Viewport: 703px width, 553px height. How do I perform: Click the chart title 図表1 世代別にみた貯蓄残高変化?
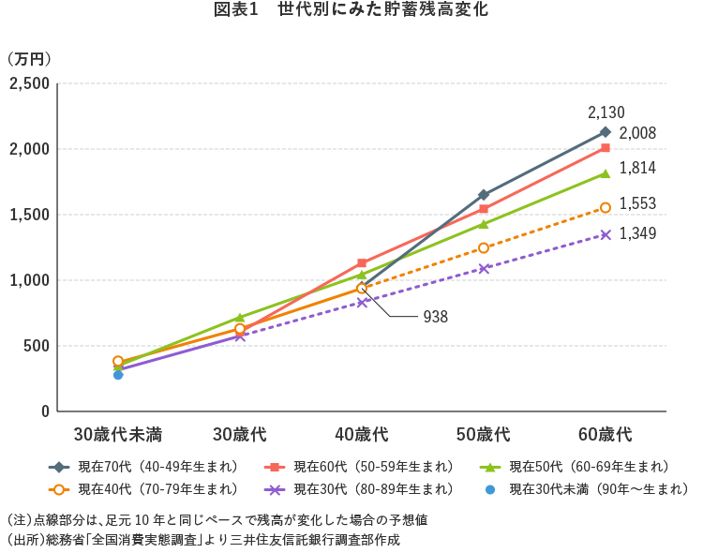pyautogui.click(x=351, y=11)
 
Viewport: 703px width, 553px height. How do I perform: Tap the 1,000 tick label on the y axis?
pyautogui.click(x=28, y=280)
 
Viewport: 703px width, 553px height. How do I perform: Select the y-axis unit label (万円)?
pyautogui.click(x=29, y=58)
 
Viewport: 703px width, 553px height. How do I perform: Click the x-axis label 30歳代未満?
pyautogui.click(x=118, y=435)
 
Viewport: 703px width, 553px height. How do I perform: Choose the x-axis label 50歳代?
pyautogui.click(x=484, y=435)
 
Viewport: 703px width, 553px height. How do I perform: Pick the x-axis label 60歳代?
pyautogui.click(x=606, y=435)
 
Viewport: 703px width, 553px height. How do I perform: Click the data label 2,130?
pyautogui.click(x=606, y=112)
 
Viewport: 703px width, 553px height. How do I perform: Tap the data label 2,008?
pyautogui.click(x=637, y=134)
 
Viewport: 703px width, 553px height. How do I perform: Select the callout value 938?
pyautogui.click(x=436, y=317)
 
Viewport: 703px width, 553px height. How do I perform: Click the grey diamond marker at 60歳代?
pyautogui.click(x=606, y=131)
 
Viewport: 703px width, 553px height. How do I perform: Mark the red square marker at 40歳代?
pyautogui.click(x=362, y=263)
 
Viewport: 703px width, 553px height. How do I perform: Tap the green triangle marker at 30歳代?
pyautogui.click(x=240, y=318)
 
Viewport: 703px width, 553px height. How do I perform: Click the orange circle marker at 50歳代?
pyautogui.click(x=484, y=247)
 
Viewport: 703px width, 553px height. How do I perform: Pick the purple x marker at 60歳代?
pyautogui.click(x=606, y=234)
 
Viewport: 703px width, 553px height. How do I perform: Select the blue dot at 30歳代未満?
pyautogui.click(x=118, y=374)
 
